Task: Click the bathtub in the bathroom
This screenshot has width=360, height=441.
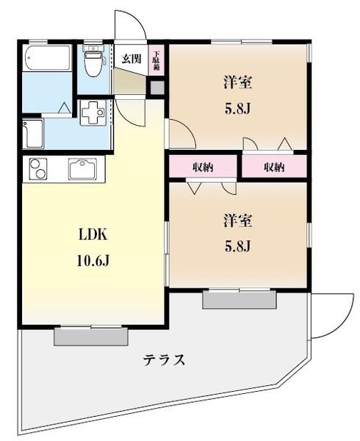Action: click(46, 58)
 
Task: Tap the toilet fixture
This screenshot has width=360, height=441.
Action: click(93, 62)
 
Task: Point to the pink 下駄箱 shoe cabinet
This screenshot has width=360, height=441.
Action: click(156, 60)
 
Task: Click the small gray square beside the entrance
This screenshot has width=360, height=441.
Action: click(156, 87)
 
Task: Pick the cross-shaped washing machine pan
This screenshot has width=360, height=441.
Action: click(93, 115)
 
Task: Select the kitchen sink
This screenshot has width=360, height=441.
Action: click(87, 169)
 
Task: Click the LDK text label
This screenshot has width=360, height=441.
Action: click(93, 236)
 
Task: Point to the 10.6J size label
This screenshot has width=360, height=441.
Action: click(93, 260)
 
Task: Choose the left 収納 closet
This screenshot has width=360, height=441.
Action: click(203, 167)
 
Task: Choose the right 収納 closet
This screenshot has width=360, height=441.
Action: click(273, 167)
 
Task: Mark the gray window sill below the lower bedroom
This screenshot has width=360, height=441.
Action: click(240, 299)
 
